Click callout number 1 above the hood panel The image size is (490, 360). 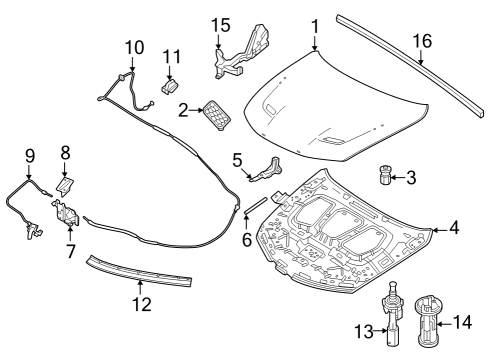click(314, 24)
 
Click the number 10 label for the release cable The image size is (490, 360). click(133, 46)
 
